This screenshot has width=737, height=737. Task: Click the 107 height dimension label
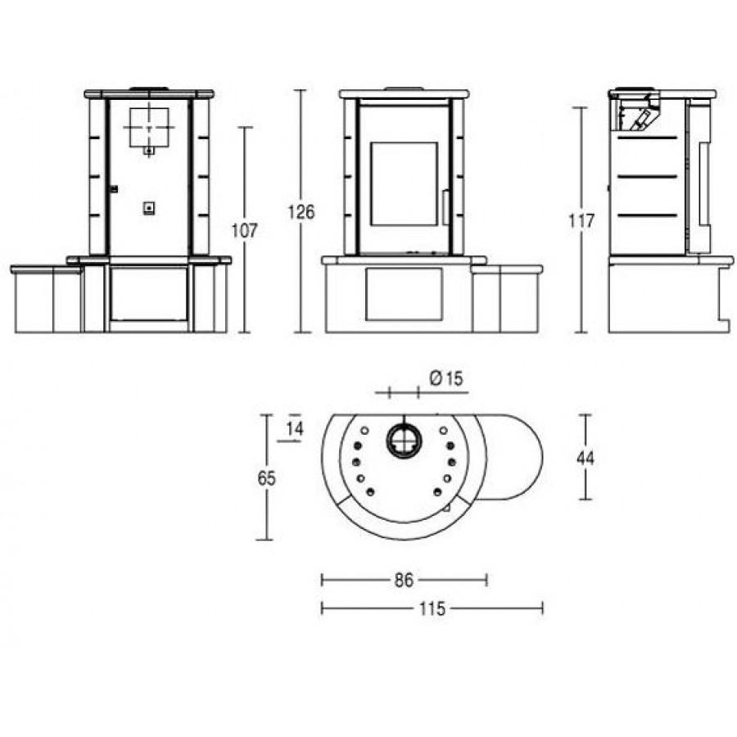pos(244,231)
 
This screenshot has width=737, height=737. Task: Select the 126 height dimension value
pos(301,212)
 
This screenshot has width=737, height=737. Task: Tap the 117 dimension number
pos(581,221)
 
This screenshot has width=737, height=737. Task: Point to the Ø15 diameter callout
pos(446,378)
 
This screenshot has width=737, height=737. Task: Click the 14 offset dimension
pos(295,429)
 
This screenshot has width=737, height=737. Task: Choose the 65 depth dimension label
pos(266,478)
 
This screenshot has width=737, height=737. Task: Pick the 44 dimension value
pos(586,458)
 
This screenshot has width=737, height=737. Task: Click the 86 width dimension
pos(404,581)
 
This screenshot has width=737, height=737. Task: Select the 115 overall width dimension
pos(432,609)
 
